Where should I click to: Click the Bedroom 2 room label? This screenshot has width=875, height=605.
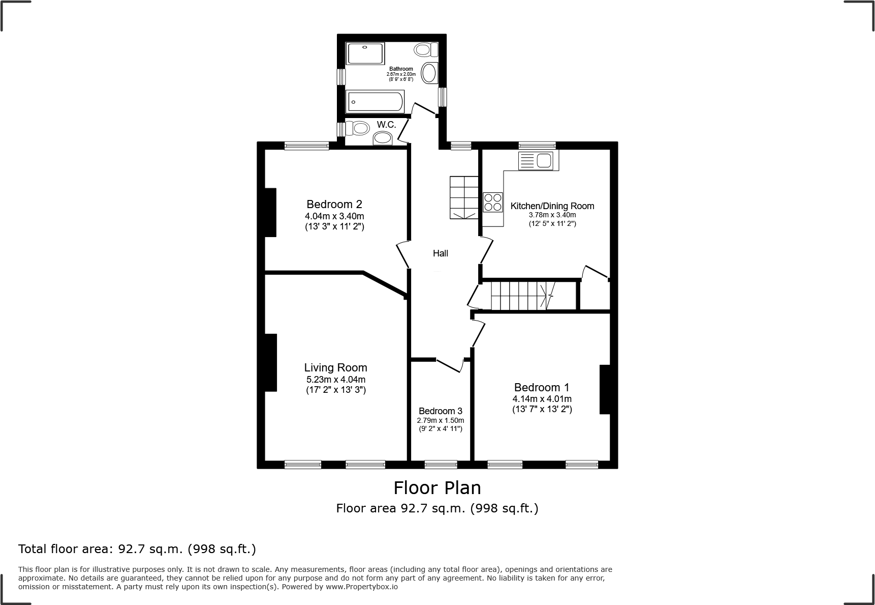click(334, 204)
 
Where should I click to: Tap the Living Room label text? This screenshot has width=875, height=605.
click(335, 367)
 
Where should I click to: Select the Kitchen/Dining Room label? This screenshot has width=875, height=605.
click(552, 206)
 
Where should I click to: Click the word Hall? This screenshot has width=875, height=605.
click(440, 253)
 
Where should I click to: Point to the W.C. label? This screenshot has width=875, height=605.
click(386, 125)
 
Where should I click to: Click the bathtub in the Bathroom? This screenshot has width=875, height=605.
click(375, 101)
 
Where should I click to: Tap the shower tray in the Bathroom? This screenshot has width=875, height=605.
click(365, 53)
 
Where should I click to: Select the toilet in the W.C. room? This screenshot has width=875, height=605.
click(358, 128)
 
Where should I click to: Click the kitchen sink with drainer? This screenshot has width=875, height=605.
click(538, 161)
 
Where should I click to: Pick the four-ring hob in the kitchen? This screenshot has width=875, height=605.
click(492, 202)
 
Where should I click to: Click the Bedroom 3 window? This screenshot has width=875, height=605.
click(441, 464)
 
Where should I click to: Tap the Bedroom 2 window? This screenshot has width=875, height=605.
click(306, 146)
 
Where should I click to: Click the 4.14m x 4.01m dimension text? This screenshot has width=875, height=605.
click(542, 399)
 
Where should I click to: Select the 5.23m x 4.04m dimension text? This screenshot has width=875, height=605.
click(335, 380)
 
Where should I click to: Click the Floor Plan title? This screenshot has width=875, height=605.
click(437, 488)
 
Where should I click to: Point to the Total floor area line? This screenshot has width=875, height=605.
click(137, 549)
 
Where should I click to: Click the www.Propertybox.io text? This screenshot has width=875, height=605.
click(361, 587)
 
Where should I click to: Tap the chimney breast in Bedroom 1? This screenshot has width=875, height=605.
click(605, 389)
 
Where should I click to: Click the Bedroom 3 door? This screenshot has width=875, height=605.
click(450, 365)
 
